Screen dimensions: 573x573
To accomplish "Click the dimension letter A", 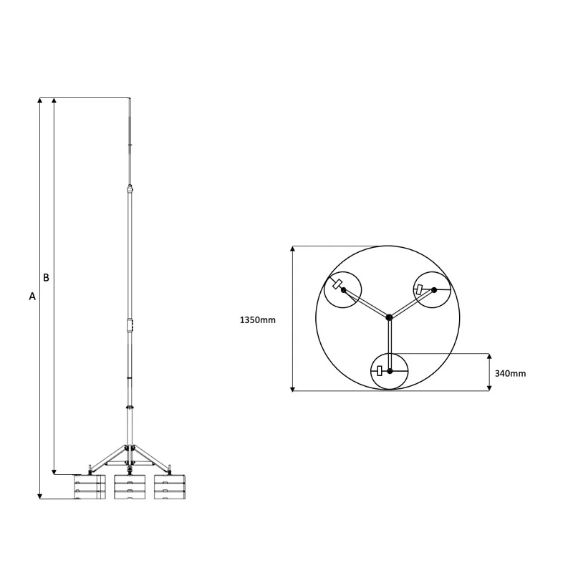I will click(x=32, y=296).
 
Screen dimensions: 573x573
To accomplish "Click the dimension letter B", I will click(x=46, y=277).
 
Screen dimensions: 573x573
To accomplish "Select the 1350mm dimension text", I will click(x=257, y=320).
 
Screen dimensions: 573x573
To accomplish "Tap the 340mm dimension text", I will click(x=510, y=373).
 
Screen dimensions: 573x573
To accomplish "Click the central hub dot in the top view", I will click(x=388, y=317).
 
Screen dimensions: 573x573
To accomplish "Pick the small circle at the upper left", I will click(x=343, y=289).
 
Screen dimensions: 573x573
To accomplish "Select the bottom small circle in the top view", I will click(x=390, y=371).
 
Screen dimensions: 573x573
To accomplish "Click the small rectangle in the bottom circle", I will click(x=380, y=370).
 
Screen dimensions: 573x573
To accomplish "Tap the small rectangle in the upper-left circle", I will click(x=336, y=283).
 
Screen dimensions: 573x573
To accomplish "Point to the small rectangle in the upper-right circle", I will click(x=419, y=289).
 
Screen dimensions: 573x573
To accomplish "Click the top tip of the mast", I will click(x=130, y=99).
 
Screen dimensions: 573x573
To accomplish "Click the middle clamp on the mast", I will click(x=130, y=325).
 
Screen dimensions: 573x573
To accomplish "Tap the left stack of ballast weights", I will click(x=90, y=487).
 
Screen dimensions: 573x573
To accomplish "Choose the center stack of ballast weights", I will click(x=130, y=487).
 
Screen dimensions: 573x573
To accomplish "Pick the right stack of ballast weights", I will click(x=170, y=487).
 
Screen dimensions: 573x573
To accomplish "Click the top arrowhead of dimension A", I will click(x=40, y=102).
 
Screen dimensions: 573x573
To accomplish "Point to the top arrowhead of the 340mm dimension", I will click(x=489, y=357).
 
